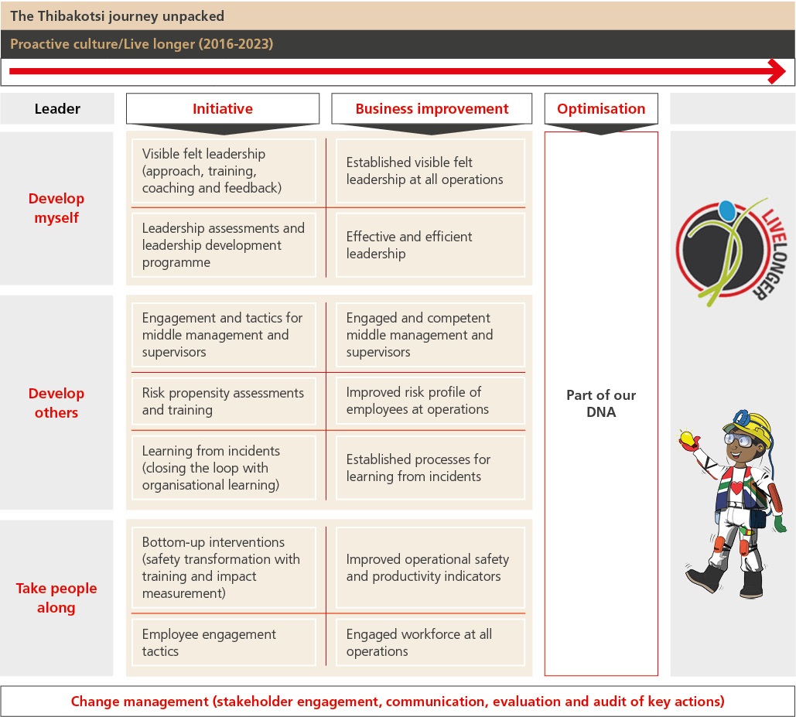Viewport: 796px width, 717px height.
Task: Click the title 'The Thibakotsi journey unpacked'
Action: click(117, 15)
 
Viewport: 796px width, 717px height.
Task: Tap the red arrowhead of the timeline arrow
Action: click(775, 73)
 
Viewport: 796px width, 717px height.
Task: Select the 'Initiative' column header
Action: click(223, 109)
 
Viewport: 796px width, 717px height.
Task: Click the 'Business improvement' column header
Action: click(432, 109)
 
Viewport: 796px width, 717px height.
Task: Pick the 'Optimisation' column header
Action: click(601, 109)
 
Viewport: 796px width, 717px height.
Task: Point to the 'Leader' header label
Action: click(57, 109)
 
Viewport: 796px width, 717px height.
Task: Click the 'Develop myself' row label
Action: click(56, 208)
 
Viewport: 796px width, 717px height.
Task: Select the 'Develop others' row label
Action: click(56, 403)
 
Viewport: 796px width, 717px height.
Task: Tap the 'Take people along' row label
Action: click(56, 598)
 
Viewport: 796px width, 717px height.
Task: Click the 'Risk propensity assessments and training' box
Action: click(224, 401)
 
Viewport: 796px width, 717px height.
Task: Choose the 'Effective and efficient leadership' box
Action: click(430, 245)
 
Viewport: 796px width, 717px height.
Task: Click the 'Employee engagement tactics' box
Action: click(224, 643)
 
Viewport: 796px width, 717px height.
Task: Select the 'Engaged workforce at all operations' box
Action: click(430, 643)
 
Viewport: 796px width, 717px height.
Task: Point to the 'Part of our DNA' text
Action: click(601, 403)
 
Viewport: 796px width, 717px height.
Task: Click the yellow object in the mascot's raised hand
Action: click(685, 438)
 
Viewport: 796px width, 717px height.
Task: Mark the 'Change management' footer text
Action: click(398, 702)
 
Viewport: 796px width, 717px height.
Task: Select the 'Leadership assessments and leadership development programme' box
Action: click(224, 245)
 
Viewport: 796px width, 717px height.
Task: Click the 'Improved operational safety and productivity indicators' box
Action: click(430, 568)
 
